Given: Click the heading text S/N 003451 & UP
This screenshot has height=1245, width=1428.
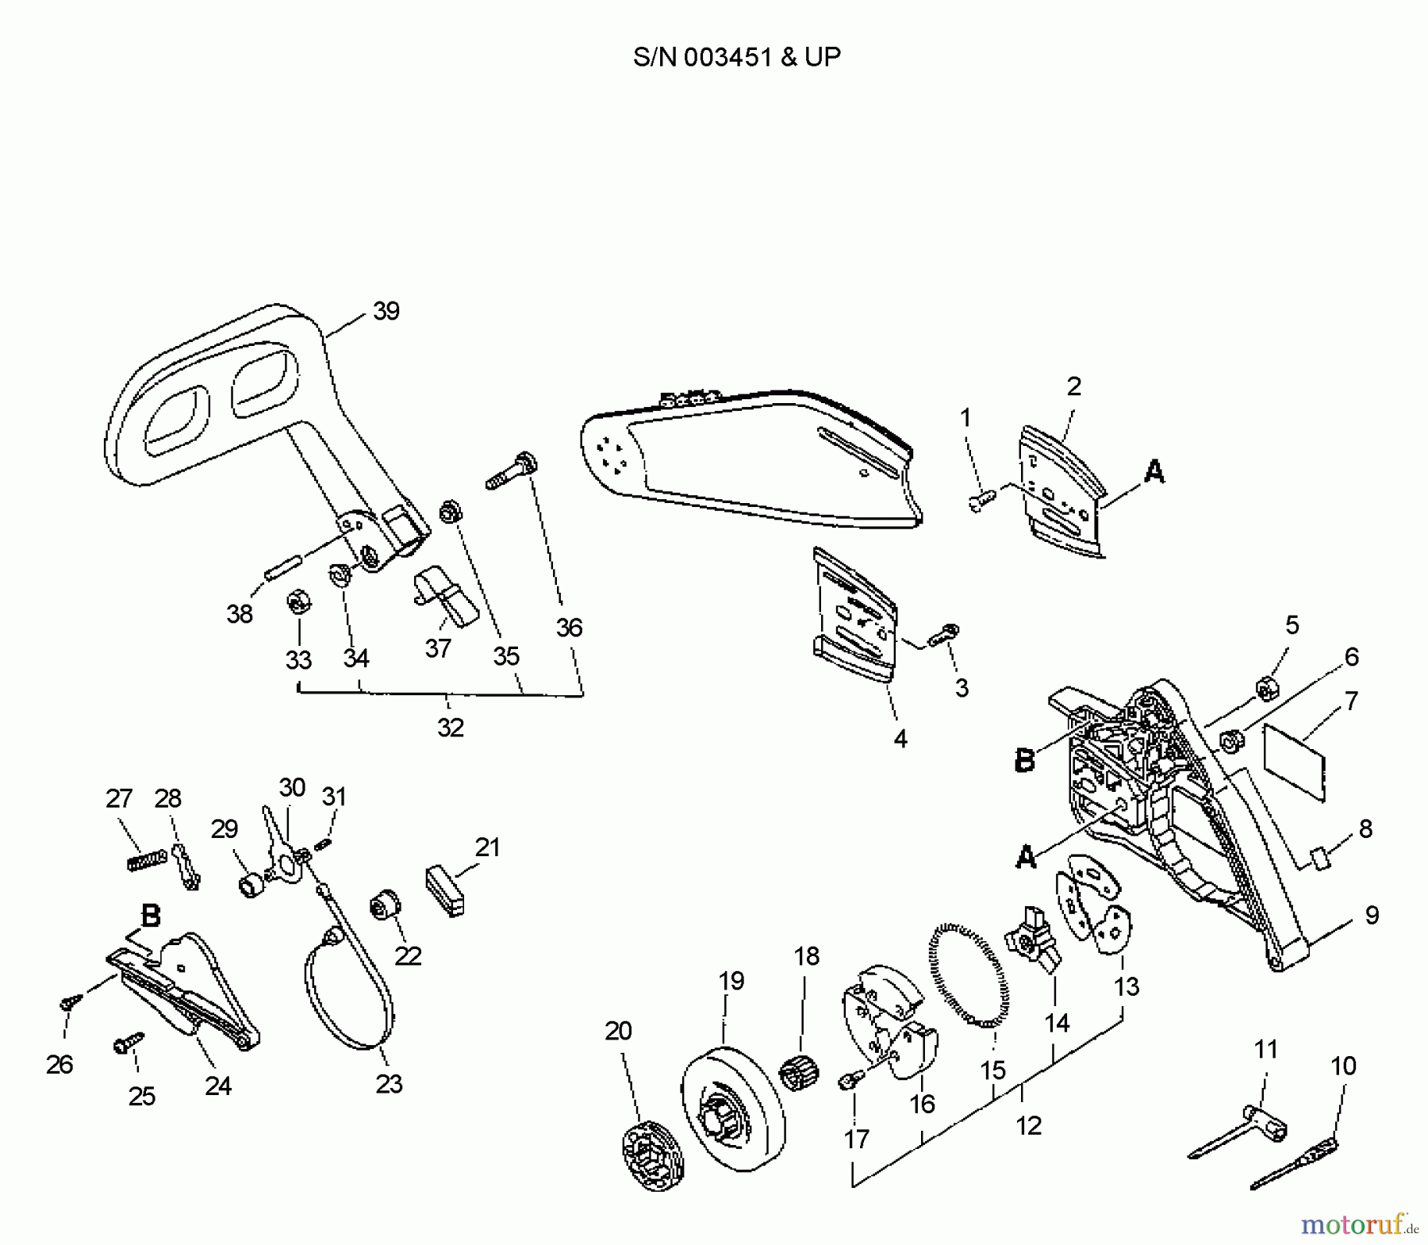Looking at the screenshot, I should point(737,57).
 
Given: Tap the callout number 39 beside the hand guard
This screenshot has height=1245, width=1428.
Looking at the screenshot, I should point(386,311).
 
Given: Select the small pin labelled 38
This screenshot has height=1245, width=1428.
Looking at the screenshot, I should point(282,571).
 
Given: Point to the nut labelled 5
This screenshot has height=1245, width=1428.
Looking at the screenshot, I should point(1265,688).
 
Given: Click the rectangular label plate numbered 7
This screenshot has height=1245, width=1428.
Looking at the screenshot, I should point(1294,760).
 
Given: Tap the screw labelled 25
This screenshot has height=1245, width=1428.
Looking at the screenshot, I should point(128,1044).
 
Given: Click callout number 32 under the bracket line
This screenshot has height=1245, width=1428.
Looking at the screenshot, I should point(451,727).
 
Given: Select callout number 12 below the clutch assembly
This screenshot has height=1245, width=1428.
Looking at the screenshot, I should point(1028,1125).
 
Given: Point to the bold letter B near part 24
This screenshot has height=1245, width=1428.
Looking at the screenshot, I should point(150,916).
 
